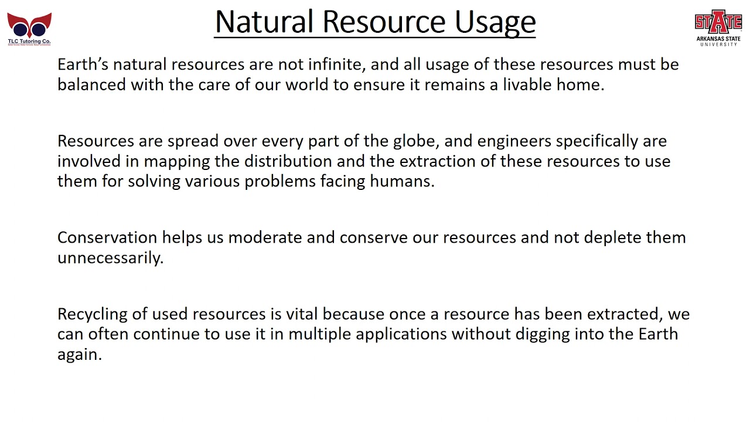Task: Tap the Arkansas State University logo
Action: [718, 27]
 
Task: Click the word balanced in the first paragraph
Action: [91, 84]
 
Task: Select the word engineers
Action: [513, 141]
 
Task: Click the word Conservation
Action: [107, 237]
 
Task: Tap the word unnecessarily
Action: [110, 258]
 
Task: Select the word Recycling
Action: [94, 314]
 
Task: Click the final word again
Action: [79, 355]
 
